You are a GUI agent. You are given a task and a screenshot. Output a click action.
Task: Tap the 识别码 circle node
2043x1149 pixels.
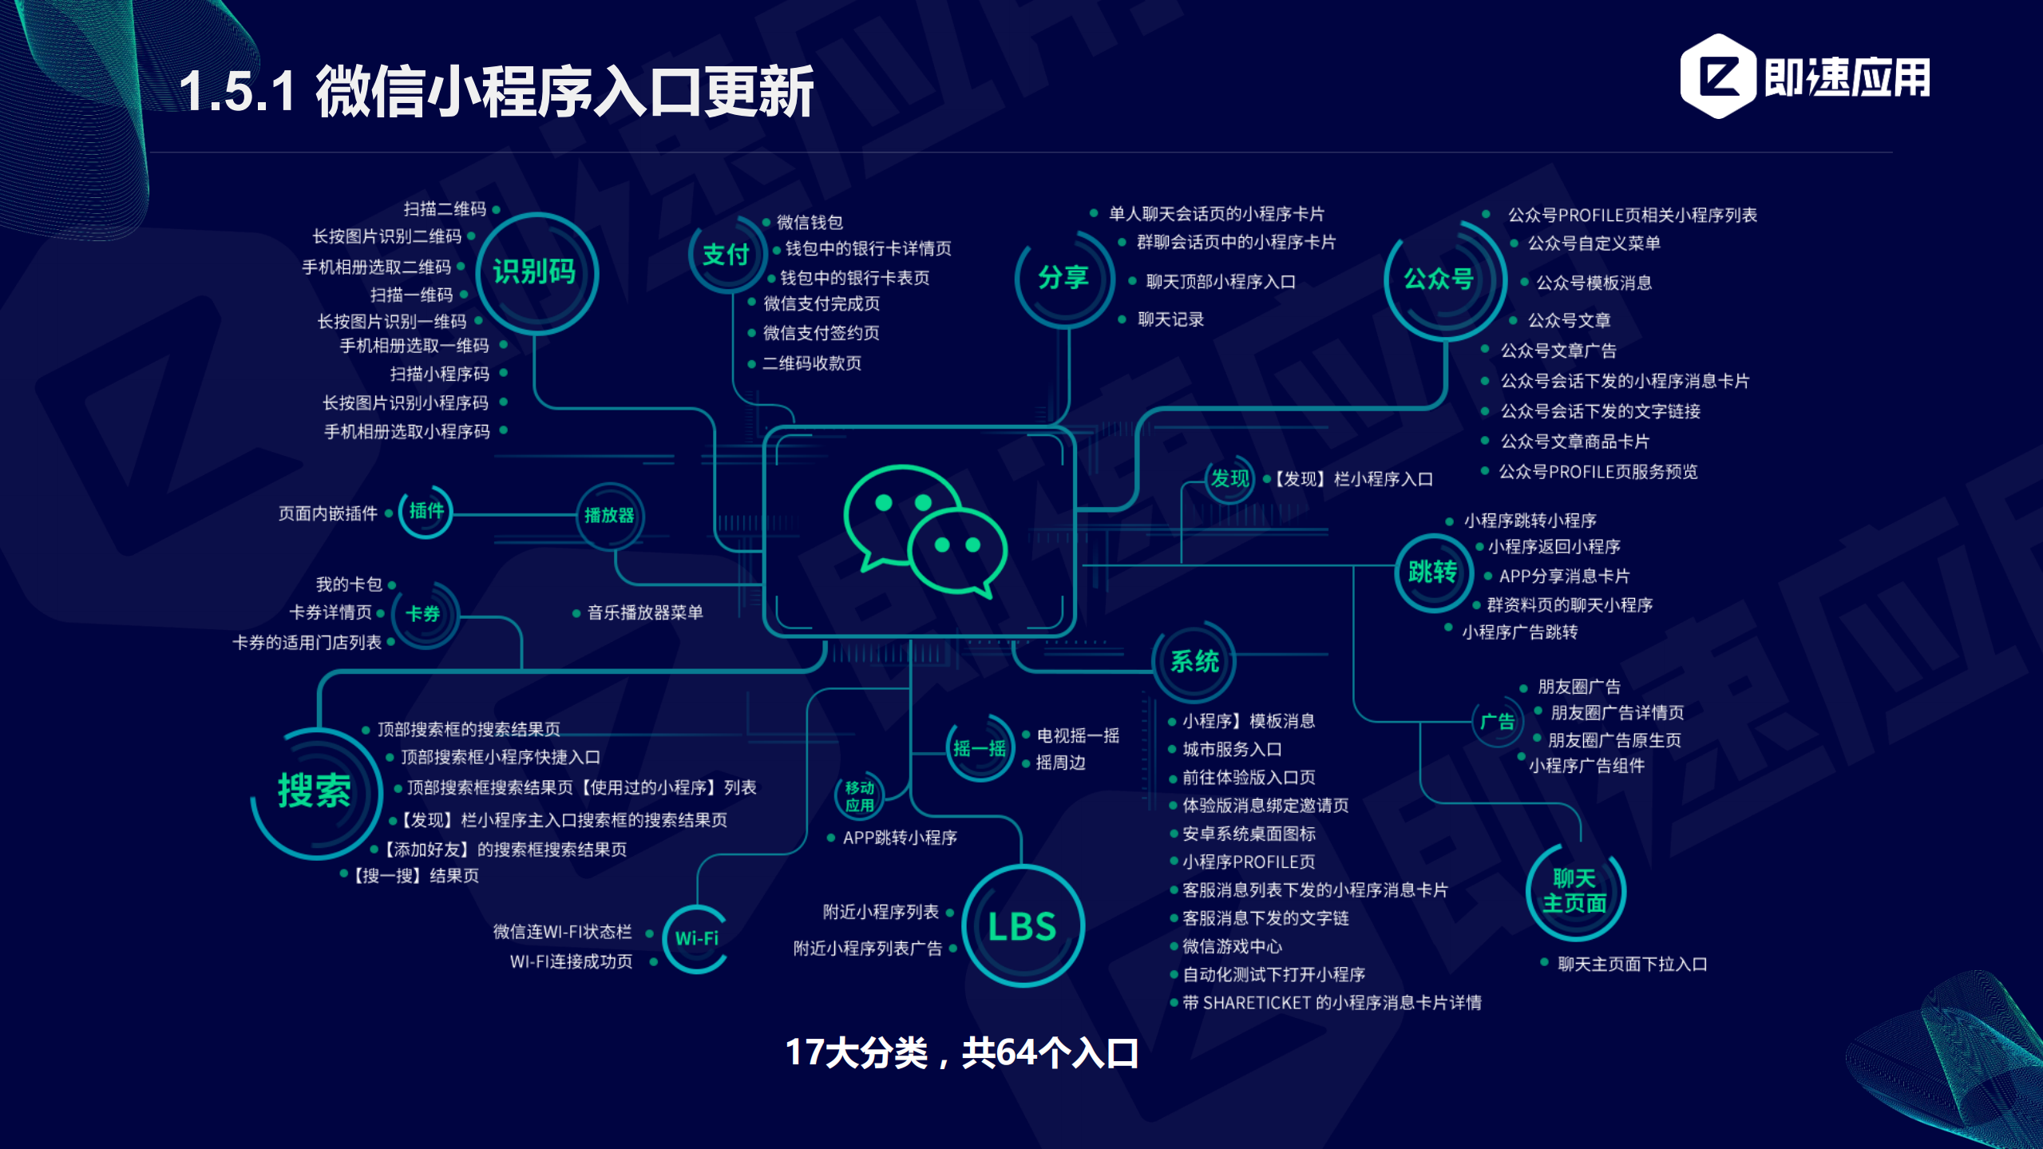(x=536, y=272)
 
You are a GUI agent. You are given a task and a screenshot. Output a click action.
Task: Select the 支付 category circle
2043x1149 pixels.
(x=726, y=255)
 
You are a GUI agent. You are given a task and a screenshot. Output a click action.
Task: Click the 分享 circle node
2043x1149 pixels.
(x=1063, y=278)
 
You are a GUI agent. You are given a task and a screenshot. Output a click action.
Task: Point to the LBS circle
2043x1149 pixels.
(x=1022, y=926)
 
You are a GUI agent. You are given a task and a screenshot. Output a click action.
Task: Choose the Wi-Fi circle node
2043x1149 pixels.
(x=697, y=938)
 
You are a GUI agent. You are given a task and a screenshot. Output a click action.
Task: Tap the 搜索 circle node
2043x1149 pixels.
(x=315, y=791)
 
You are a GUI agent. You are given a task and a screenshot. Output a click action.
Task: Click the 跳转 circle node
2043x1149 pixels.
(x=1433, y=572)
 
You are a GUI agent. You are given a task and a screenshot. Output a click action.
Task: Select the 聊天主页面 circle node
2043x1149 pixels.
(x=1574, y=891)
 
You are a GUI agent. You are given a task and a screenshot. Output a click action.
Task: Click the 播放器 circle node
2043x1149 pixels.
(x=609, y=516)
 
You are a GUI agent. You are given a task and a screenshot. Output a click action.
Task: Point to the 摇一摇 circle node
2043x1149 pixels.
(x=980, y=748)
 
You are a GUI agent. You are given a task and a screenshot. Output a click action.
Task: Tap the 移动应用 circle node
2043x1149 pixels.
(x=860, y=796)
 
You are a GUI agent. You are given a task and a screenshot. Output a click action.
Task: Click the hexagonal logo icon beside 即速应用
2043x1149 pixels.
(x=1717, y=77)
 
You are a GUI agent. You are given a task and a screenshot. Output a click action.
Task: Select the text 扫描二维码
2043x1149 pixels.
(x=445, y=209)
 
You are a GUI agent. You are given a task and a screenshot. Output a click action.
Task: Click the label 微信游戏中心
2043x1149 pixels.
(x=1232, y=946)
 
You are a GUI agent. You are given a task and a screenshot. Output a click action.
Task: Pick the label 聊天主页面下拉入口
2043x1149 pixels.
(x=1632, y=964)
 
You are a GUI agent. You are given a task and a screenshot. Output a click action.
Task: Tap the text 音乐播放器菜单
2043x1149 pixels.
(x=645, y=612)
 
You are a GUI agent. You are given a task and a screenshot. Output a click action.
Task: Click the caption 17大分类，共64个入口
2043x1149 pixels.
(x=962, y=1053)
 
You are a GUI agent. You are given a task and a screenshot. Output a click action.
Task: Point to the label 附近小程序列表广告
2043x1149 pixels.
(x=868, y=949)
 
